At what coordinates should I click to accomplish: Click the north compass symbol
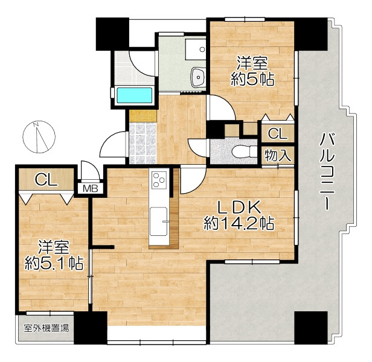[x=39, y=137]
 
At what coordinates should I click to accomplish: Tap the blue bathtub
[x=134, y=95]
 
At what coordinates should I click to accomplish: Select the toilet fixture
[x=245, y=151]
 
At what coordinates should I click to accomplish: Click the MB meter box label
[x=91, y=189]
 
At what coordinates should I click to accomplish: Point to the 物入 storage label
[x=278, y=155]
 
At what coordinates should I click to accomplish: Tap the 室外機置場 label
[x=46, y=328]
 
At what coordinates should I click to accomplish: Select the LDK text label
[x=239, y=207]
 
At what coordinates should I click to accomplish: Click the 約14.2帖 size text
[x=239, y=223]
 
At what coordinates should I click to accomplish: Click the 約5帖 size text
[x=252, y=79]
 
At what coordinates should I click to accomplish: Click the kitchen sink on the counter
[x=159, y=221]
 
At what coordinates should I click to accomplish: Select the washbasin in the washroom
[x=198, y=77]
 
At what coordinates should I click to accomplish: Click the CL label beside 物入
[x=277, y=134]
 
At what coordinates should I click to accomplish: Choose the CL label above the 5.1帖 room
[x=46, y=180]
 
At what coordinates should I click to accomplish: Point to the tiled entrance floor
[x=143, y=143]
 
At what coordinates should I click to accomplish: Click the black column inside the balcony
[x=311, y=328]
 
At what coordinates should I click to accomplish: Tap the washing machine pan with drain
[x=196, y=49]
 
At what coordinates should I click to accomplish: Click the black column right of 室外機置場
[x=91, y=328]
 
